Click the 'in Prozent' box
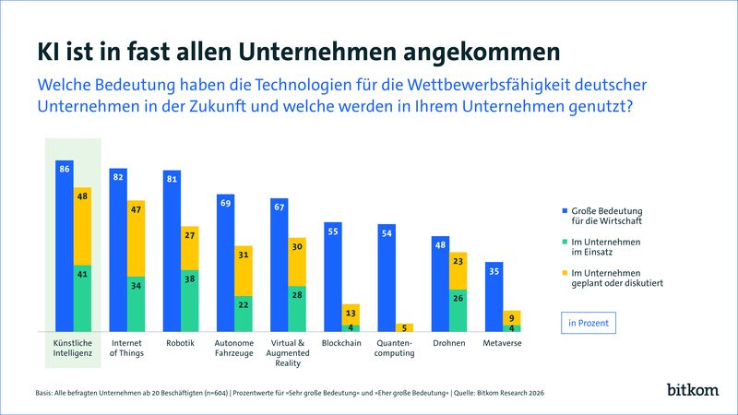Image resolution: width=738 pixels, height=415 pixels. [588, 322]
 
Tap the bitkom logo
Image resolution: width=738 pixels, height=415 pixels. [693, 390]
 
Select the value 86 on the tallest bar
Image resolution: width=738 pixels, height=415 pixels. [64, 170]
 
